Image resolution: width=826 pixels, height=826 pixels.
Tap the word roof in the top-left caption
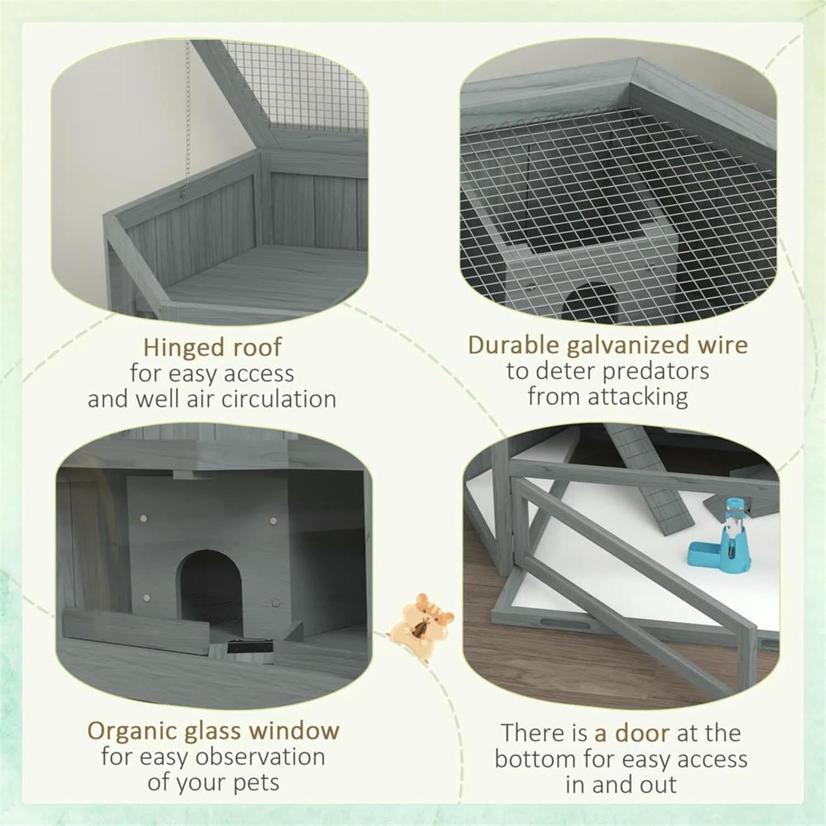pos(257,347)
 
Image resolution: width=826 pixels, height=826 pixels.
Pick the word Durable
pos(513,345)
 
